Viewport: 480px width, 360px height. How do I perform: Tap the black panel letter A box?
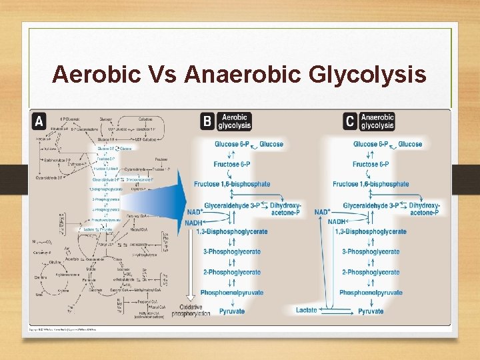point(39,121)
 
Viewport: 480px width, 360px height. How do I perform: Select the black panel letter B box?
point(207,121)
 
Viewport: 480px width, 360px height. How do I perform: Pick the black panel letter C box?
point(350,121)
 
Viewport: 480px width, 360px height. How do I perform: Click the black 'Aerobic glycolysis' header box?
point(235,121)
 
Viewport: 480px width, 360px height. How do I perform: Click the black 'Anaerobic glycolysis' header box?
point(377,121)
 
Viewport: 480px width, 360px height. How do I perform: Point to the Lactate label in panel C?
point(307,311)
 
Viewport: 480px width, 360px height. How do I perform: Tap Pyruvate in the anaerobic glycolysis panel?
point(371,311)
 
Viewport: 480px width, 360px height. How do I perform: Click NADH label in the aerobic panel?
point(193,222)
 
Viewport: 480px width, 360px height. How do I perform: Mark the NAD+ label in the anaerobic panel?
point(323,212)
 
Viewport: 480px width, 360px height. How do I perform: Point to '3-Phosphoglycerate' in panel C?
point(371,252)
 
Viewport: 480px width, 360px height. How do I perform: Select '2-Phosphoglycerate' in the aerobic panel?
point(232,272)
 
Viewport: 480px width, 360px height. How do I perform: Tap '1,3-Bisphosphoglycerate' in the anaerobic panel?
point(373,232)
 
